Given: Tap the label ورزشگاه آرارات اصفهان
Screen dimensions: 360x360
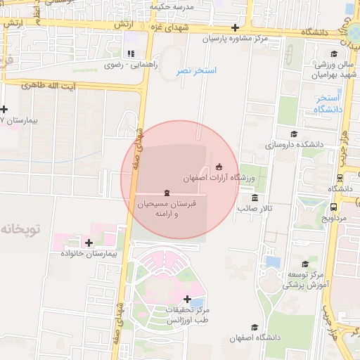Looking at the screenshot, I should tap(218, 179).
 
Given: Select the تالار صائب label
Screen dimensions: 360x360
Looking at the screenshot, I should tap(254, 209).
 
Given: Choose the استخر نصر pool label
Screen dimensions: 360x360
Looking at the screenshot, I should tap(196, 71).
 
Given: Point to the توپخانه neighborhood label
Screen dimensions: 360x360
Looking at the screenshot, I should tap(22, 229).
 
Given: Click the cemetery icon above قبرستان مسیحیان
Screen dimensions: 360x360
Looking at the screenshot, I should tap(166, 193).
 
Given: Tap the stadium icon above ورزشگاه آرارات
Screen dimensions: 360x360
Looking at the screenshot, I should tap(219, 167).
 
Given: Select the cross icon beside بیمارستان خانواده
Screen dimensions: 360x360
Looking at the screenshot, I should tap(89, 243).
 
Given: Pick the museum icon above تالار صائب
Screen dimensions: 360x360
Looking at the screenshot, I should tap(255, 198).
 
